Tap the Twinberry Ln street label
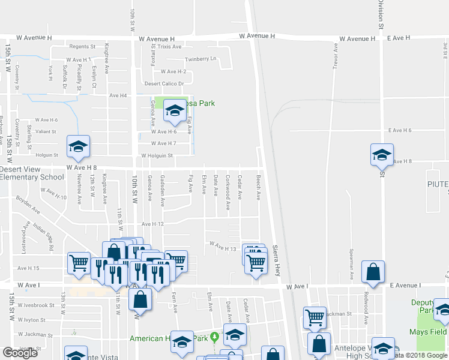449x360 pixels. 200,59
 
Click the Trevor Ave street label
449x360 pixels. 334,59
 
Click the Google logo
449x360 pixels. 19,353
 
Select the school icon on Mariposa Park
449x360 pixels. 174,110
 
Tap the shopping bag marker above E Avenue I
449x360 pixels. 373,272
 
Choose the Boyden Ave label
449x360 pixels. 28,205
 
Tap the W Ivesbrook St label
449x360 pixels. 36,305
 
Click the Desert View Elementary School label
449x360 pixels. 32,173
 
